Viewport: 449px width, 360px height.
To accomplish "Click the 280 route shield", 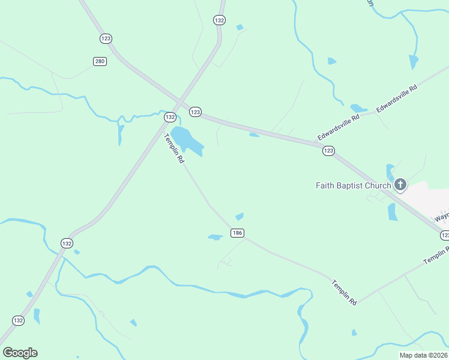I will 100,61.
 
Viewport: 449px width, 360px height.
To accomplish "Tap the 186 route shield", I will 237,232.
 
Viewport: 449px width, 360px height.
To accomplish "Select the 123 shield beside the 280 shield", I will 106,38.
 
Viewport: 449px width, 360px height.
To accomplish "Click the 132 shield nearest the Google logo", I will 19,320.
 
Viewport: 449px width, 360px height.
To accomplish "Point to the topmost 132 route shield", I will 219,20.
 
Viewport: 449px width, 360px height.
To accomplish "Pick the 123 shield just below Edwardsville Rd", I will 328,151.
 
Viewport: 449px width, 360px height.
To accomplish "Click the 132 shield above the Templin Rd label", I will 170,118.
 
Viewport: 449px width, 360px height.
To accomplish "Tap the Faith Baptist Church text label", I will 354,185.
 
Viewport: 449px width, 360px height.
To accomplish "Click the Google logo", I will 20,352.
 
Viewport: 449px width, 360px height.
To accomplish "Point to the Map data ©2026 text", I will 423,355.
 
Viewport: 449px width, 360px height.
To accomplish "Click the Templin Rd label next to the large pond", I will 174,149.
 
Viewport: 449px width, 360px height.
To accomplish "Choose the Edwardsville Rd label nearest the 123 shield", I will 339,127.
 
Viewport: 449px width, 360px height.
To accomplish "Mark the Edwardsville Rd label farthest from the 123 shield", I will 397,99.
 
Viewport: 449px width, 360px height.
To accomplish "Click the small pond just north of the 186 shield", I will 240,216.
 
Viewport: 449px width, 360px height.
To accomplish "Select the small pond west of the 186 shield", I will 215,237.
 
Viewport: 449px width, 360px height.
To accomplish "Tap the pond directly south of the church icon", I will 393,212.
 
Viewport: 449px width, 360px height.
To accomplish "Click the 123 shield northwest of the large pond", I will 195,112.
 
